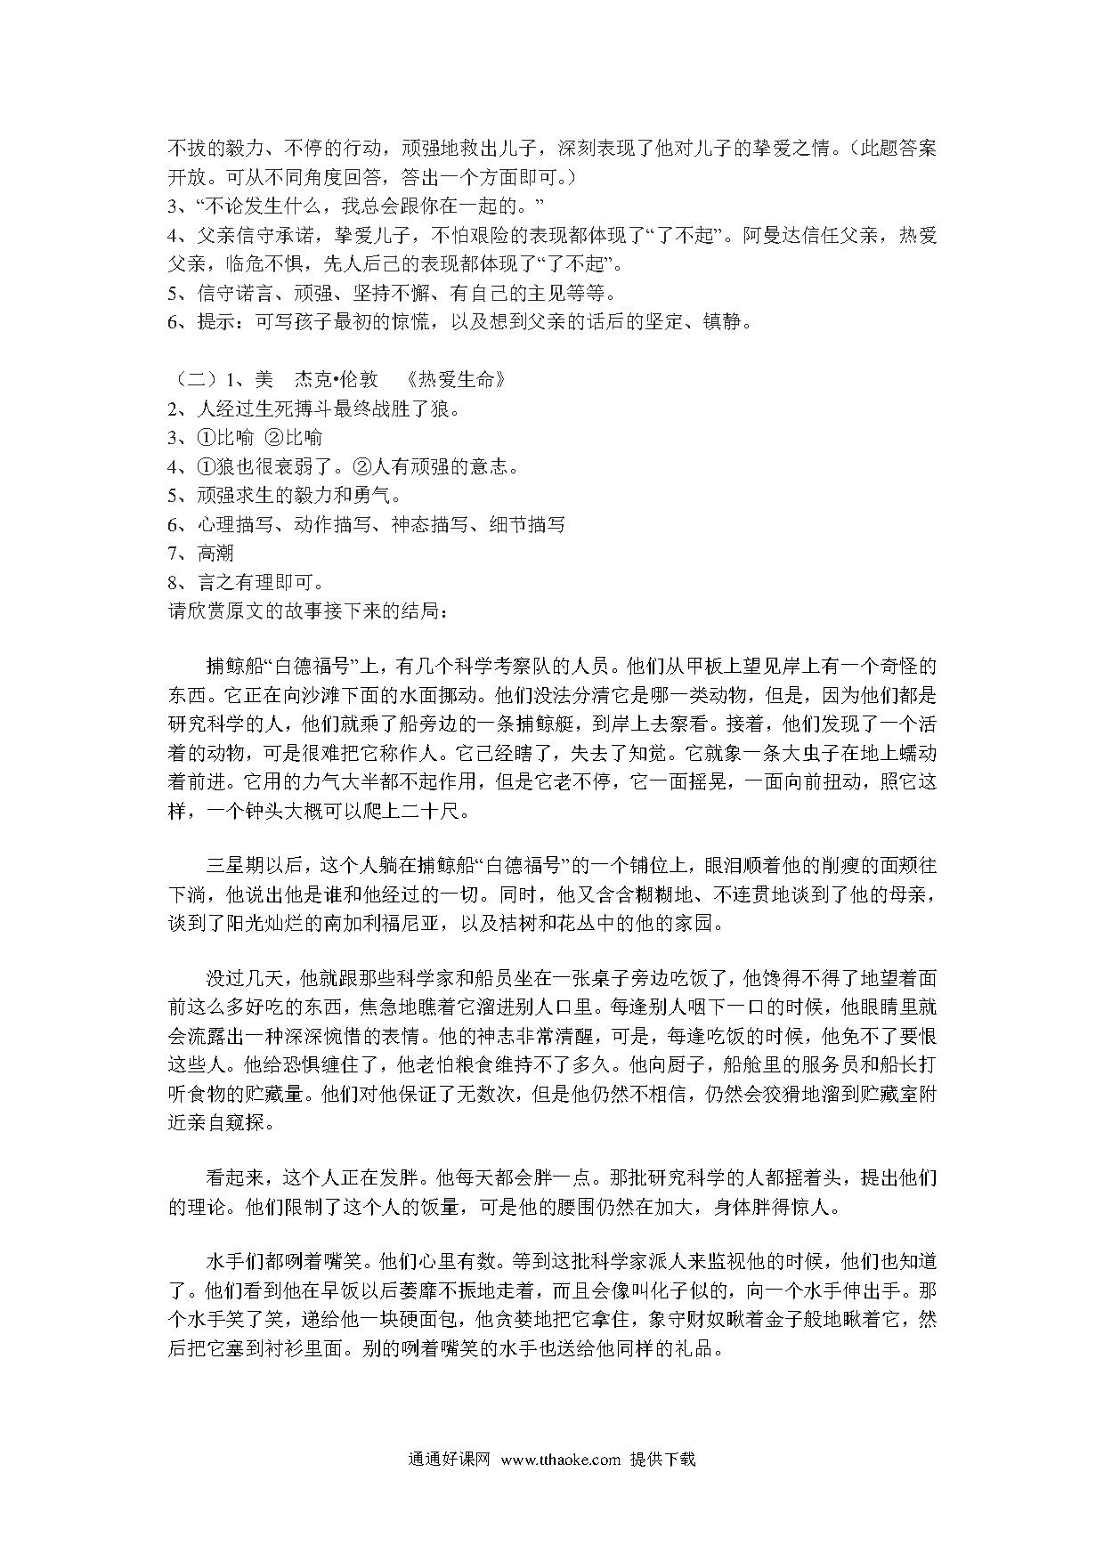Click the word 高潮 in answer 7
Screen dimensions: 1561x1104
(215, 554)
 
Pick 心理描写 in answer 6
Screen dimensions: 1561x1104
(236, 525)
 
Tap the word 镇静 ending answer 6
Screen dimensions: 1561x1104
(732, 322)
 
